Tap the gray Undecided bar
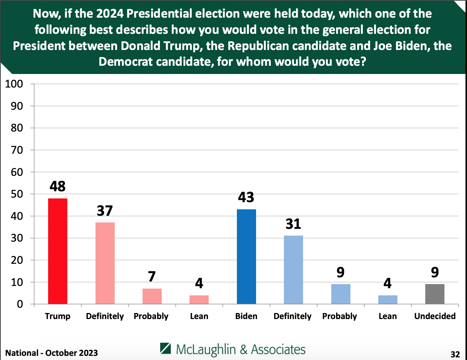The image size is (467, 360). (435, 294)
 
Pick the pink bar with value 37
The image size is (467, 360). (105, 263)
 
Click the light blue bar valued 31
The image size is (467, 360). (293, 270)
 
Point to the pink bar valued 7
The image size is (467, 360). (152, 296)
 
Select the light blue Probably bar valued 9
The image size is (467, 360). (341, 294)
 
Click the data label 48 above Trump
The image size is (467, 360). (58, 186)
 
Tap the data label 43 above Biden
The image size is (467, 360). (246, 197)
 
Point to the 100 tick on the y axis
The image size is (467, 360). (14, 84)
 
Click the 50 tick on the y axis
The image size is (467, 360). (17, 194)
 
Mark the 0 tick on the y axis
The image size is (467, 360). (20, 304)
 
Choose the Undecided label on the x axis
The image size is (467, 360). (435, 316)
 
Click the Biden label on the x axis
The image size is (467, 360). (246, 316)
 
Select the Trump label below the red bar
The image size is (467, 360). (58, 316)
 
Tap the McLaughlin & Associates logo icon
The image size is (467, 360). (166, 348)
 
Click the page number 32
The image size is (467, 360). (455, 354)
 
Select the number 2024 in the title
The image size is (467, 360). (110, 14)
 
